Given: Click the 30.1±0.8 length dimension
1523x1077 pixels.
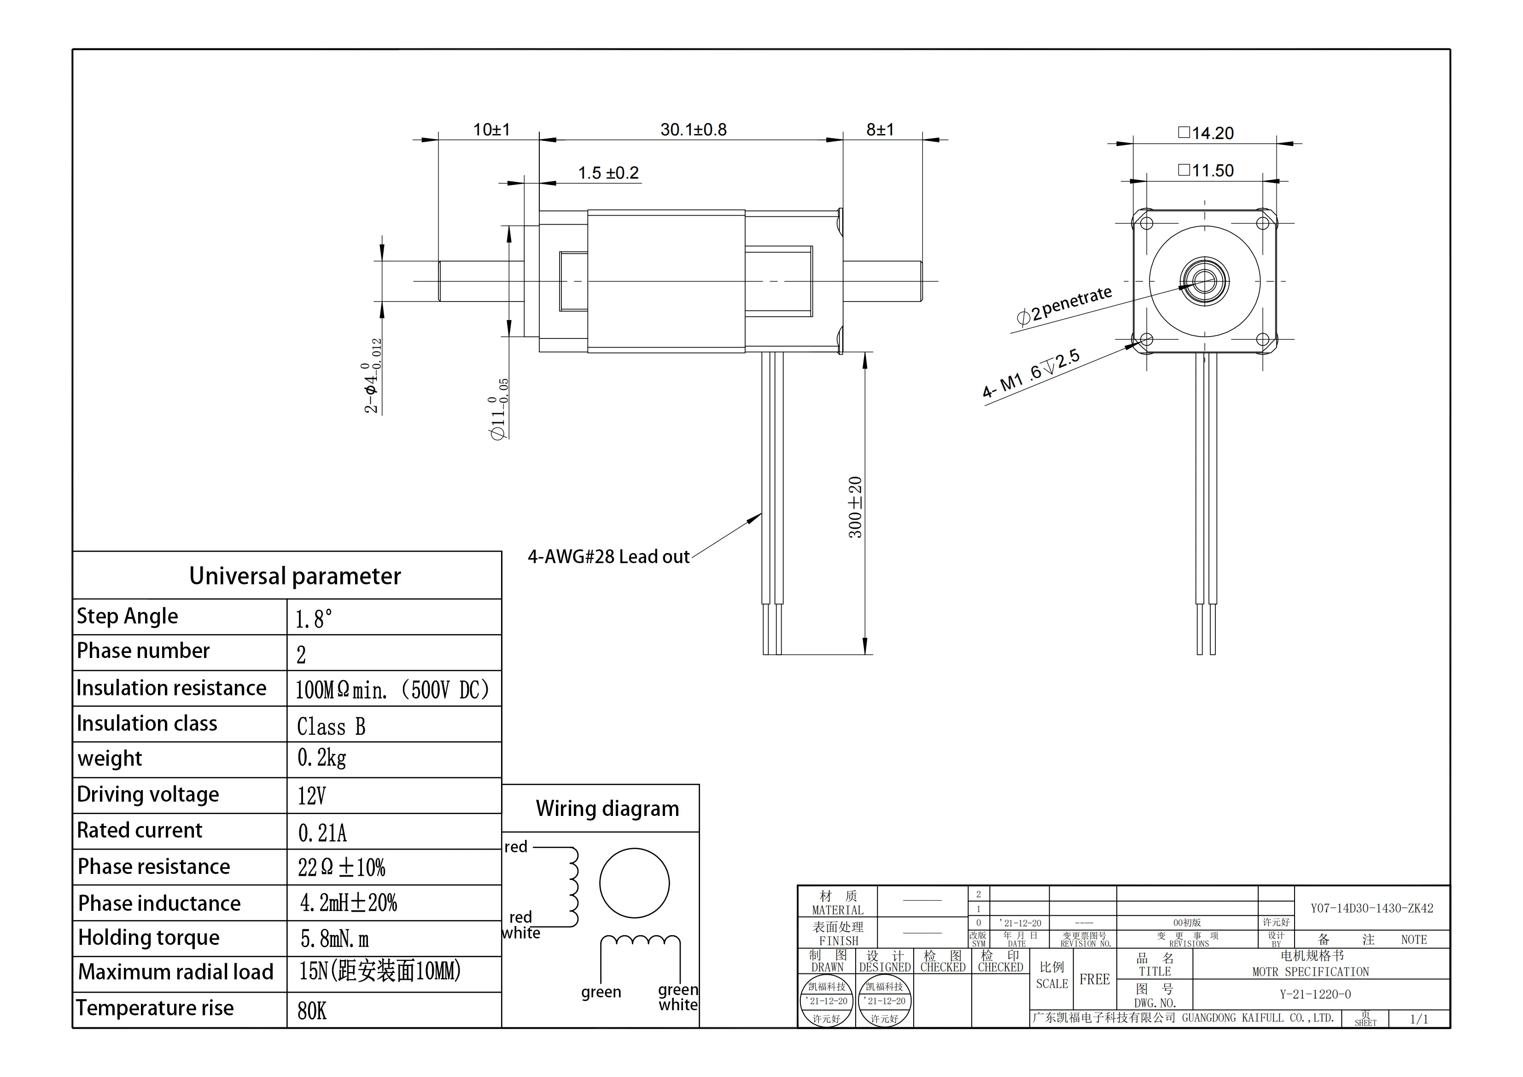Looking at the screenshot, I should tap(693, 129).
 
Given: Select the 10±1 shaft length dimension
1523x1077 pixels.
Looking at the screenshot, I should tap(491, 129).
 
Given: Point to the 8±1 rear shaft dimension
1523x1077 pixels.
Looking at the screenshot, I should tap(880, 129).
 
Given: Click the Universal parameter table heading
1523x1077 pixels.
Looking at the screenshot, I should tap(295, 576).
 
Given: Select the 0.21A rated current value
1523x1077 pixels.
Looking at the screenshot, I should tap(322, 833).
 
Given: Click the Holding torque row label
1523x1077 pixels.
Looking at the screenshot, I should tap(149, 938).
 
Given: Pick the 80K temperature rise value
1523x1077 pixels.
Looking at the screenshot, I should tap(312, 1011).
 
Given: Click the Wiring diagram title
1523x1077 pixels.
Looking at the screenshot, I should tap(607, 809).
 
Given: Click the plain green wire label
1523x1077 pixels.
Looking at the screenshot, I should tap(601, 992).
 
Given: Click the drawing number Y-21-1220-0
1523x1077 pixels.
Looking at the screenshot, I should tap(1315, 994).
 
